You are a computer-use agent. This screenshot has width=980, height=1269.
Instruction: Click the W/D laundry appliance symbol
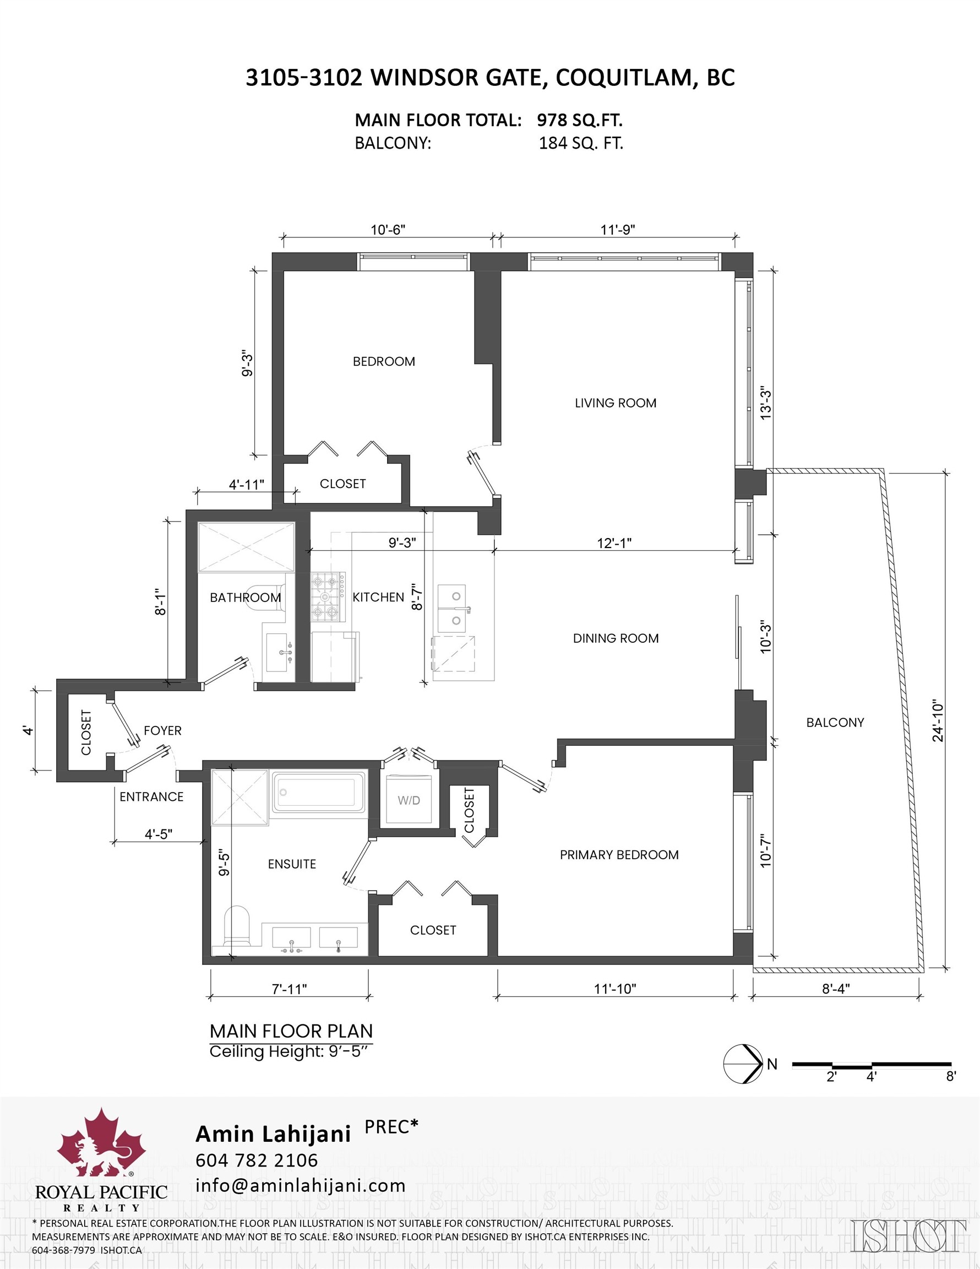(x=409, y=800)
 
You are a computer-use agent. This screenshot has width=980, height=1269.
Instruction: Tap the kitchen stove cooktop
(x=328, y=596)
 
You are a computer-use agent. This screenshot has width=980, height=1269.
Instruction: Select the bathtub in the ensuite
(x=318, y=792)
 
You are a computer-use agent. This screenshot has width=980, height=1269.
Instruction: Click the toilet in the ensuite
(x=237, y=925)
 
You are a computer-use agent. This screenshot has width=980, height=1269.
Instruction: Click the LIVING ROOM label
(x=615, y=403)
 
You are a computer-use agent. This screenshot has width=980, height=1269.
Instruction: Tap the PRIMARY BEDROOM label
(x=619, y=855)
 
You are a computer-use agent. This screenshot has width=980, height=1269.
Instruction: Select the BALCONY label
(x=835, y=722)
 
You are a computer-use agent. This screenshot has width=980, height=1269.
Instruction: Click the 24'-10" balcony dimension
(x=938, y=720)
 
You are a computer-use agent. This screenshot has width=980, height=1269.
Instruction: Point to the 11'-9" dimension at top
(x=618, y=230)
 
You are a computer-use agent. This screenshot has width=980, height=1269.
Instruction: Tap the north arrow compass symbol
(x=743, y=1064)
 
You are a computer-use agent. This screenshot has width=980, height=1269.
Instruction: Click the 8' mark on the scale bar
(x=950, y=1077)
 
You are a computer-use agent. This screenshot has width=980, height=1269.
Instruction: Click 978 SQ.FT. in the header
(x=579, y=120)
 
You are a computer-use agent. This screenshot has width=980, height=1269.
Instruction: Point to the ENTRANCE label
(x=151, y=796)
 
